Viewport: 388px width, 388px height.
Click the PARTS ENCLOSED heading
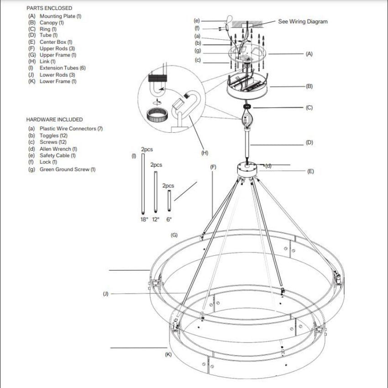[49, 8]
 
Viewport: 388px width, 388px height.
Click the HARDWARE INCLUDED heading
[54, 120]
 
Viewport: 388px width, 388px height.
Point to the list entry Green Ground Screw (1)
[62, 169]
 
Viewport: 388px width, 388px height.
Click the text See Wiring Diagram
[303, 21]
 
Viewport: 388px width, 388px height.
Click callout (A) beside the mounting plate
[309, 54]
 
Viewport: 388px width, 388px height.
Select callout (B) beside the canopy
[309, 86]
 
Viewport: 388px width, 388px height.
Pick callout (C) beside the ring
[309, 108]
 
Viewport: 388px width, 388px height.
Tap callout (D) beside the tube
[309, 142]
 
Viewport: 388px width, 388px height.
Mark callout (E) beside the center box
[310, 172]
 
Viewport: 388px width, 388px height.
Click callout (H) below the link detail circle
[204, 152]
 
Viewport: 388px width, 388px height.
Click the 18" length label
[144, 220]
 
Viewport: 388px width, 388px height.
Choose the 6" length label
[169, 220]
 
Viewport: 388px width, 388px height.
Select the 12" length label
[156, 220]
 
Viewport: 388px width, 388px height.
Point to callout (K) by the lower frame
[168, 355]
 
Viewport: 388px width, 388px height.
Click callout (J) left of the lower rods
[105, 294]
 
